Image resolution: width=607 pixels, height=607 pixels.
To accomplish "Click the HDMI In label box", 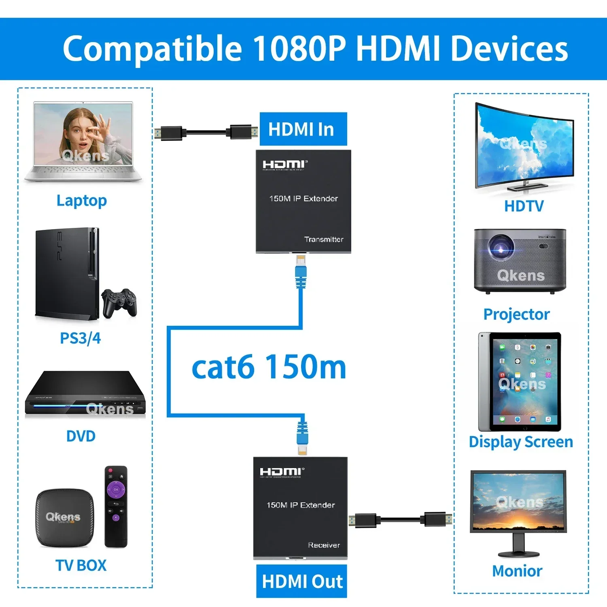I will pyautogui.click(x=303, y=129).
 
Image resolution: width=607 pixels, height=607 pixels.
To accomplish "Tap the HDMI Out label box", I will pyautogui.click(x=302, y=581).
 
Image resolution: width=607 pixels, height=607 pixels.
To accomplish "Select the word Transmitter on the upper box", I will pyautogui.click(x=323, y=239).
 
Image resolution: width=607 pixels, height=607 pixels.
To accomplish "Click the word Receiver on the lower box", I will pyautogui.click(x=324, y=545).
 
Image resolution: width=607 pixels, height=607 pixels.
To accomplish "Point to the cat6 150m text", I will pyautogui.click(x=269, y=367).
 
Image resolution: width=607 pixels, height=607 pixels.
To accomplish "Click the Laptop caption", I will pyautogui.click(x=82, y=201).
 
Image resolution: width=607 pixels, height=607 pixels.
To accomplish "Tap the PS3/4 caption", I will pyautogui.click(x=80, y=338).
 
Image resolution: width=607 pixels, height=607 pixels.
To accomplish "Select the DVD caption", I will pyautogui.click(x=81, y=436).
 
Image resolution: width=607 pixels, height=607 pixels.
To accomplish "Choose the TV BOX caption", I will pyautogui.click(x=81, y=565).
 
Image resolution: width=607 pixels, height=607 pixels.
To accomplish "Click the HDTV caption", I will pyautogui.click(x=524, y=206).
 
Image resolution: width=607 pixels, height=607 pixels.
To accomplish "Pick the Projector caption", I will pyautogui.click(x=516, y=314).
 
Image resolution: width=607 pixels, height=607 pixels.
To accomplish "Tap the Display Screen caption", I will pyautogui.click(x=521, y=442).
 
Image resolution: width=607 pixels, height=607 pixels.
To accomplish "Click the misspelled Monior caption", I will pyautogui.click(x=517, y=571).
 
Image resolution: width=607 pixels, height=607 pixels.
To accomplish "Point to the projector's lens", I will pyautogui.click(x=501, y=248).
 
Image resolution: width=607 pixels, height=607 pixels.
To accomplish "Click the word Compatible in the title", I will pyautogui.click(x=153, y=49).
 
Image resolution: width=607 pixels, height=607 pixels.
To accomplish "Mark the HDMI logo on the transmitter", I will pyautogui.click(x=285, y=164).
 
